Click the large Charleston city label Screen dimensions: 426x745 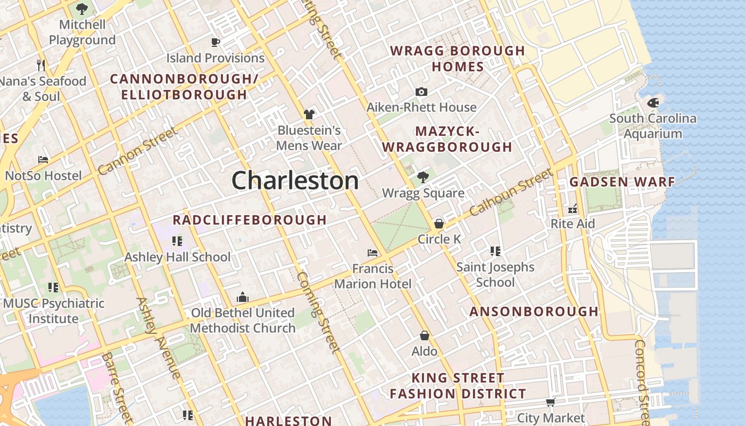pyautogui.click(x=295, y=181)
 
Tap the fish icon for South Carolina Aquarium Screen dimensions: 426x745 pyautogui.click(x=653, y=103)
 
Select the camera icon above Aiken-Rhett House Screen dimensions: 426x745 pyautogui.click(x=421, y=92)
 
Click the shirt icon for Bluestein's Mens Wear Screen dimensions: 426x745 pyautogui.click(x=309, y=114)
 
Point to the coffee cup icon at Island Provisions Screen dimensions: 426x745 pyautogui.click(x=216, y=42)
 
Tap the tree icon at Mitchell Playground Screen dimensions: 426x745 pyautogui.click(x=82, y=9)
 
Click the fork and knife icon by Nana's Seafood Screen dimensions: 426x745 pyautogui.click(x=41, y=65)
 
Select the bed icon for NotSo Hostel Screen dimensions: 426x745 pyautogui.click(x=43, y=160)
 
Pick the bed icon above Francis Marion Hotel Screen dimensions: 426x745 pyautogui.click(x=372, y=252)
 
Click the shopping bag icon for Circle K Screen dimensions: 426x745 pyautogui.click(x=439, y=223)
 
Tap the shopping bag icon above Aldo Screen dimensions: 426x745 pyautogui.click(x=424, y=335)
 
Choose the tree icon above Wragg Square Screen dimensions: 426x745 pyautogui.click(x=423, y=177)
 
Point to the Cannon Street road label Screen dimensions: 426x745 pyautogui.click(x=137, y=151)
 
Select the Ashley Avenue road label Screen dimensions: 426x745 pyautogui.click(x=159, y=338)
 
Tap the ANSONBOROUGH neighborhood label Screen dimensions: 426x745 pyautogui.click(x=534, y=312)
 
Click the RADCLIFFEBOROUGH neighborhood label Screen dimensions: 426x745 pyautogui.click(x=250, y=220)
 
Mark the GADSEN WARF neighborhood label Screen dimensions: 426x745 pyautogui.click(x=622, y=182)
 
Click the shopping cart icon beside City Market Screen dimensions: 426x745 pyautogui.click(x=550, y=402)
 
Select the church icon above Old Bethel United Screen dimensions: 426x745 pyautogui.click(x=243, y=297)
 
